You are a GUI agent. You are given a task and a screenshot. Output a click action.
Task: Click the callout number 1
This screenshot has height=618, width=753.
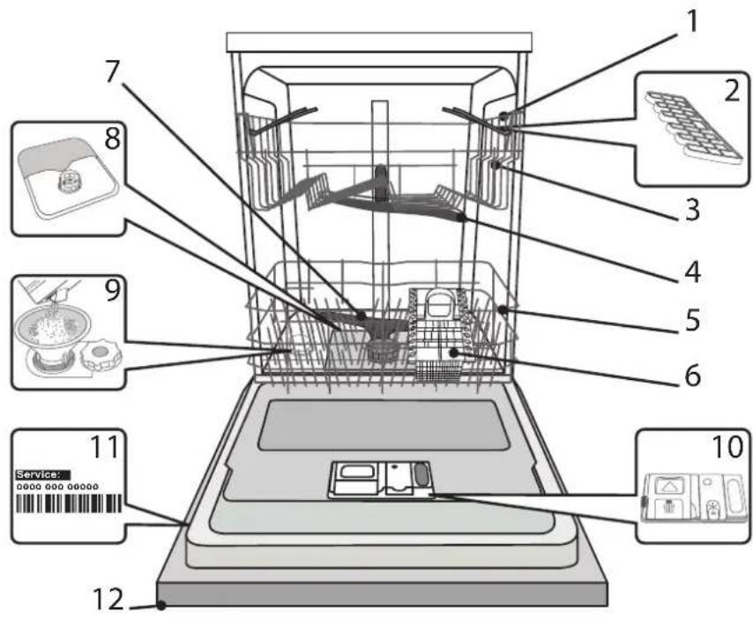click(x=692, y=22)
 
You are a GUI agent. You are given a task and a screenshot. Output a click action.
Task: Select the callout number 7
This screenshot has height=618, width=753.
click(x=111, y=71)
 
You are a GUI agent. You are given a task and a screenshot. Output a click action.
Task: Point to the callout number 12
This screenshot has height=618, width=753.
click(x=108, y=599)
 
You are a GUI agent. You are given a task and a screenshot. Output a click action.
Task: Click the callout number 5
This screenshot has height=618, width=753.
click(x=692, y=320)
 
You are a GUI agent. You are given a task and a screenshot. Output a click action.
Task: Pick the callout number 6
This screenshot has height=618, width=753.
click(x=692, y=375)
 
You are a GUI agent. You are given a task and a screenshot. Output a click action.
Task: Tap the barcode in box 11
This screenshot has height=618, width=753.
click(x=69, y=503)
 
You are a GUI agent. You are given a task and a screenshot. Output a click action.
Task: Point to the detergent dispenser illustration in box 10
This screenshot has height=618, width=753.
click(x=695, y=497)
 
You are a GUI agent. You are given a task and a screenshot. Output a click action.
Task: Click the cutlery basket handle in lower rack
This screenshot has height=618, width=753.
click(x=436, y=303)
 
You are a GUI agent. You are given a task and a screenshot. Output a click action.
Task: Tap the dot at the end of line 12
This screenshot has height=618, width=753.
click(x=162, y=606)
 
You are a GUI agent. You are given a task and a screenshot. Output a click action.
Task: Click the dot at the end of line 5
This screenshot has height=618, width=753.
click(x=503, y=309)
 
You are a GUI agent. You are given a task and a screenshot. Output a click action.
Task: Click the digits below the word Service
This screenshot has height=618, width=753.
click(x=57, y=487)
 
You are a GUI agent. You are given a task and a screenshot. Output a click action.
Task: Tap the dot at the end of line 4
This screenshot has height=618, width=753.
click(x=462, y=218)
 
